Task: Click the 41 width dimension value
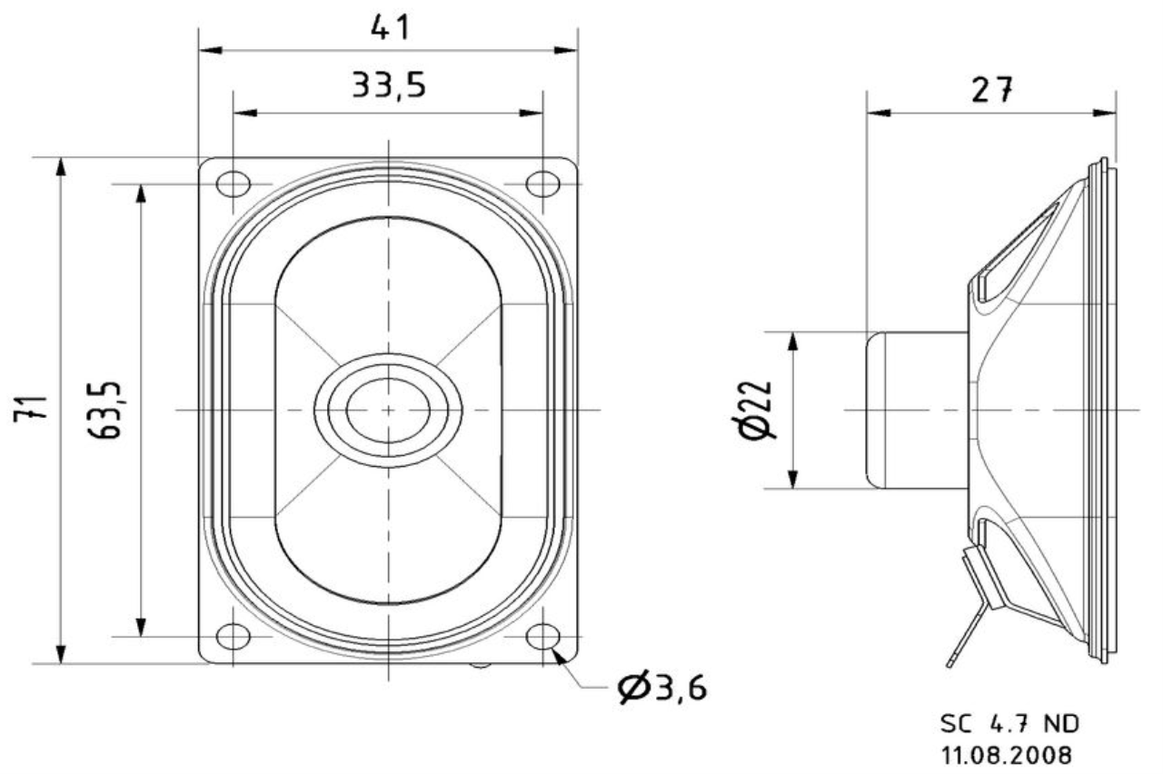(x=391, y=28)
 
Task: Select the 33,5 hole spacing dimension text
(x=389, y=85)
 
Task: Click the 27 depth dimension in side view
(x=991, y=89)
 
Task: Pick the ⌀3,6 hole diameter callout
(x=662, y=688)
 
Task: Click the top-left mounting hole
(x=234, y=184)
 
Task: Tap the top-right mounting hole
(x=543, y=184)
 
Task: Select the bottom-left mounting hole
(x=234, y=637)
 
